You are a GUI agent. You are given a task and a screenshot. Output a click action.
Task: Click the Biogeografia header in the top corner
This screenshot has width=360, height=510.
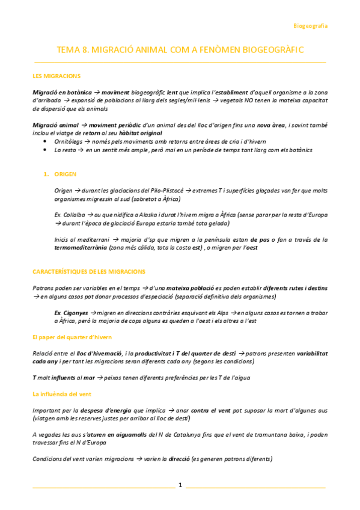[310, 26]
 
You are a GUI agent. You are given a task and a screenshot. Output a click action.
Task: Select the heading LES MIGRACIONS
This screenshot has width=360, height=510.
[56, 76]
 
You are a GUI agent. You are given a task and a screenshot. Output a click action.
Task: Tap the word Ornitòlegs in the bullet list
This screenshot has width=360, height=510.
[70, 141]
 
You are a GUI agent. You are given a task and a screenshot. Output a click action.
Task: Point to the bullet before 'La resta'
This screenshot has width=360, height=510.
[46, 150]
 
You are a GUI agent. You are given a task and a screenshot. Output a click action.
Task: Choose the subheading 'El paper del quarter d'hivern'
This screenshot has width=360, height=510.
[72, 337]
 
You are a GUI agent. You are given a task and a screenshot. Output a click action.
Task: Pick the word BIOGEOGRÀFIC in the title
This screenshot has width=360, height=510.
[270, 51]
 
